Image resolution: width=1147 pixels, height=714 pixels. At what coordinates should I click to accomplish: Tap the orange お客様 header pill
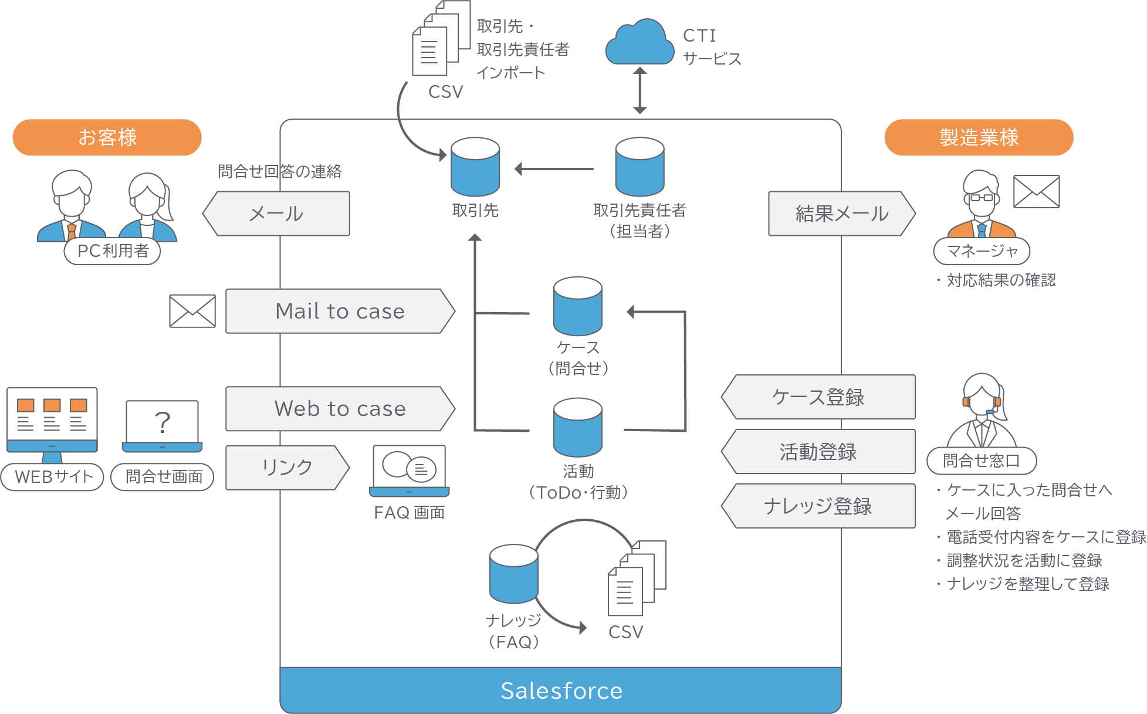[107, 137]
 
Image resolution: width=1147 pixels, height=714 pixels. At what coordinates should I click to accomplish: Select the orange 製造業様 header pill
[979, 137]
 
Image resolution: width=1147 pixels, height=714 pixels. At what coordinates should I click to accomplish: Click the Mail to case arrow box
[340, 311]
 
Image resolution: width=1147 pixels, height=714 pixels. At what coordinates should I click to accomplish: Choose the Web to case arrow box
[340, 408]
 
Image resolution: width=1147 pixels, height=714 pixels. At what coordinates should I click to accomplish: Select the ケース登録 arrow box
[818, 397]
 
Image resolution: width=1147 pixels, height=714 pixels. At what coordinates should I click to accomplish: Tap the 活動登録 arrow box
[818, 452]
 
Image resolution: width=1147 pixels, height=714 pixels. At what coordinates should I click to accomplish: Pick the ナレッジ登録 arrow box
[818, 506]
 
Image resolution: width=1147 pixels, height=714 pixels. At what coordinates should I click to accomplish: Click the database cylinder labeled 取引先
[475, 167]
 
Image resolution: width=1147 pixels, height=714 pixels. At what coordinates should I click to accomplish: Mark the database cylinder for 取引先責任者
[640, 167]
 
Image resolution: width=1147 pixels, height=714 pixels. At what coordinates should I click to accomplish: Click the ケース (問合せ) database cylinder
[578, 306]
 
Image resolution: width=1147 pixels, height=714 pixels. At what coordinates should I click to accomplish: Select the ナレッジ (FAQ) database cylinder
[514, 574]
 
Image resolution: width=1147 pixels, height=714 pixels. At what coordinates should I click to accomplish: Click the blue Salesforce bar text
[561, 691]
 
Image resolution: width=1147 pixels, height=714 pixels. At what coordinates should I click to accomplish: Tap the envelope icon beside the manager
[1037, 191]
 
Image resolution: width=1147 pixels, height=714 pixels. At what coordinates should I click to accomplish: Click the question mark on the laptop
[163, 422]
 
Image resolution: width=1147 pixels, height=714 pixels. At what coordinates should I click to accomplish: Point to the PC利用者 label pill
[113, 251]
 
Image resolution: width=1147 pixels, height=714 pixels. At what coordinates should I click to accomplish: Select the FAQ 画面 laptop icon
[410, 471]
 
